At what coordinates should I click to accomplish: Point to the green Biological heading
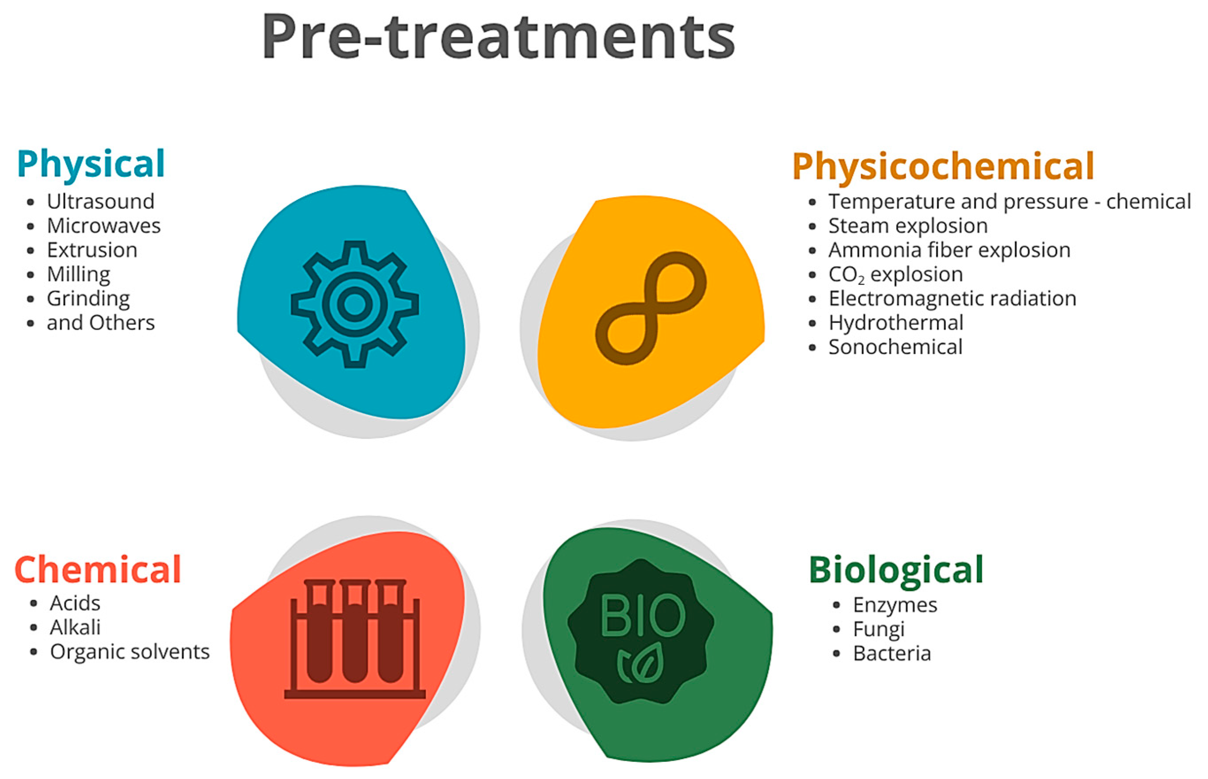tap(896, 571)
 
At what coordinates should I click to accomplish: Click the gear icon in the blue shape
tap(354, 304)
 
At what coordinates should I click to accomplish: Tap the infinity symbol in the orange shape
tap(651, 308)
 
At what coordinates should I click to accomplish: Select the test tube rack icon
tap(355, 639)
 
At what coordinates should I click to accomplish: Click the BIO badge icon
tap(641, 631)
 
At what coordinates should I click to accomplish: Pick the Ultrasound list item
tap(101, 201)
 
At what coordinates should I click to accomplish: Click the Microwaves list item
tap(103, 226)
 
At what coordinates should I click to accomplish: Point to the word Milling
tap(79, 275)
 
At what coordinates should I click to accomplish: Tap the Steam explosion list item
tap(908, 226)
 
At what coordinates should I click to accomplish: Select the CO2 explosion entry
tap(896, 275)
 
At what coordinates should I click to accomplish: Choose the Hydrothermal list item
tap(896, 323)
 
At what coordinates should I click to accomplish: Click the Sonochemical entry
tap(895, 347)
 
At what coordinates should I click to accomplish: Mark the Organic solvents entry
tap(130, 652)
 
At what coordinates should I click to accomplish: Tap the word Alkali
tap(75, 627)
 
